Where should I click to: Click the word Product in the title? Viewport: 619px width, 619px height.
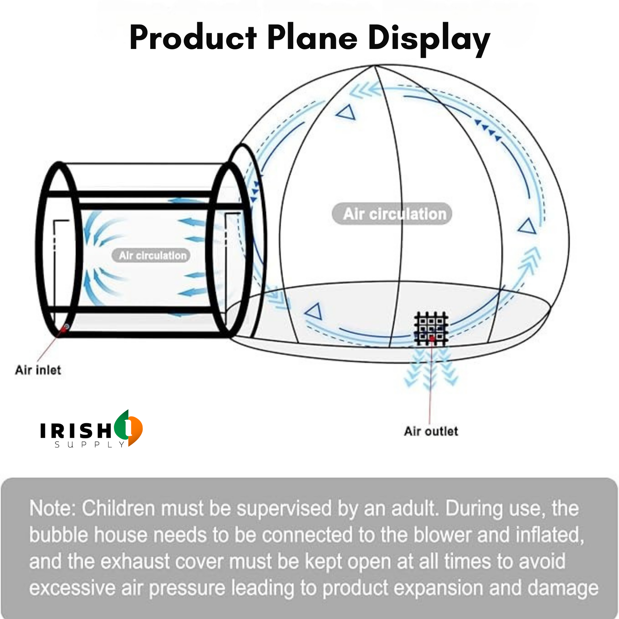(193, 38)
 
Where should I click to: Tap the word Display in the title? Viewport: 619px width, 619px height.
(429, 40)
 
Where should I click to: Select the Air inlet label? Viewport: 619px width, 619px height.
(38, 370)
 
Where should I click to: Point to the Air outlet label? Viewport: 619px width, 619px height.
(431, 431)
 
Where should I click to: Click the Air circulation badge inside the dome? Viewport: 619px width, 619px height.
(392, 214)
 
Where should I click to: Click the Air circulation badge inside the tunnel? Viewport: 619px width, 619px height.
(151, 255)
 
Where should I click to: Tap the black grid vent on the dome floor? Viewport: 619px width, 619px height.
(431, 328)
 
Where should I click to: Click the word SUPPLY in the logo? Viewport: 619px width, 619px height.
(90, 444)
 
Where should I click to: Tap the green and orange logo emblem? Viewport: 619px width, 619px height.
(129, 428)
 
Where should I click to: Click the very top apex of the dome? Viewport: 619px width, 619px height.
(374, 66)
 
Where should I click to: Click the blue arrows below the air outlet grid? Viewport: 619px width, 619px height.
(431, 368)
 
